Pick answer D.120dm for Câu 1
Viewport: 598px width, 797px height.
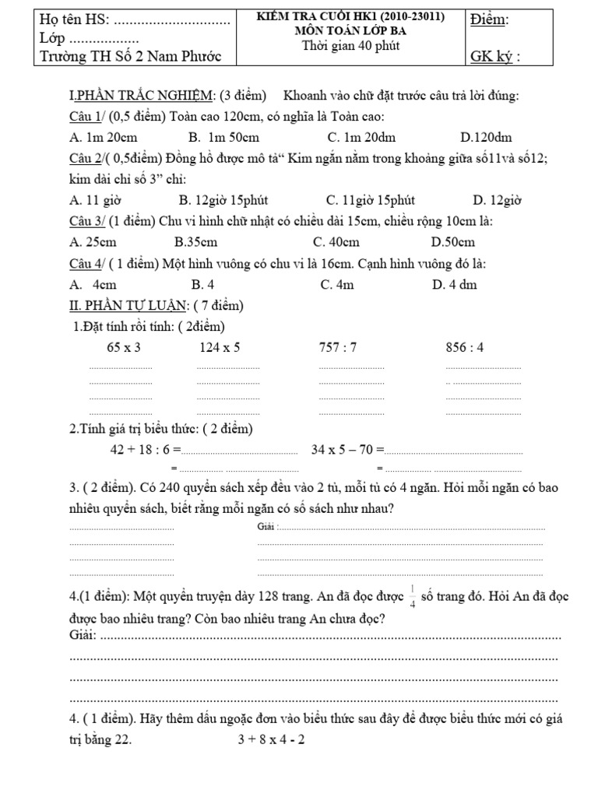click(486, 138)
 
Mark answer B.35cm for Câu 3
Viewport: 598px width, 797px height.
click(200, 243)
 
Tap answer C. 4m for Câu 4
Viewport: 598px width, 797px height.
click(337, 284)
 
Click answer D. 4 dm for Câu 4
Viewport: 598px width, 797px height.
click(454, 284)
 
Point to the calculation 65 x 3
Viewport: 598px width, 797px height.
click(123, 347)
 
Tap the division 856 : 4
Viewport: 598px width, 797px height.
click(465, 347)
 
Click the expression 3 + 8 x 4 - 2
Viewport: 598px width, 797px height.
click(272, 740)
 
